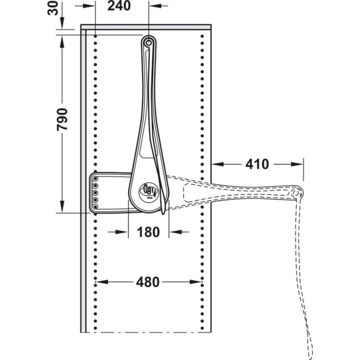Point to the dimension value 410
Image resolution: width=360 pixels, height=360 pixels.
pos(257,164)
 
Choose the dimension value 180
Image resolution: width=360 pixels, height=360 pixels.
pos(148,232)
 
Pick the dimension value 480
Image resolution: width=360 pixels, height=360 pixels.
pos(148,282)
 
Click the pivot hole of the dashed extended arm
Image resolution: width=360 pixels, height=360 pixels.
pos(296,193)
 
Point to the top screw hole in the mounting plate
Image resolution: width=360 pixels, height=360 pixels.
pos(96,179)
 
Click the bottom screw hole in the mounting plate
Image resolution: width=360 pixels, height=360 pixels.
pos(96,206)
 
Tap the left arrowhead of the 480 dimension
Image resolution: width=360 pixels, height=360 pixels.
pos(99,282)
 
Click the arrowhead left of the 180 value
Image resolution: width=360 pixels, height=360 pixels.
pos(126,232)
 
